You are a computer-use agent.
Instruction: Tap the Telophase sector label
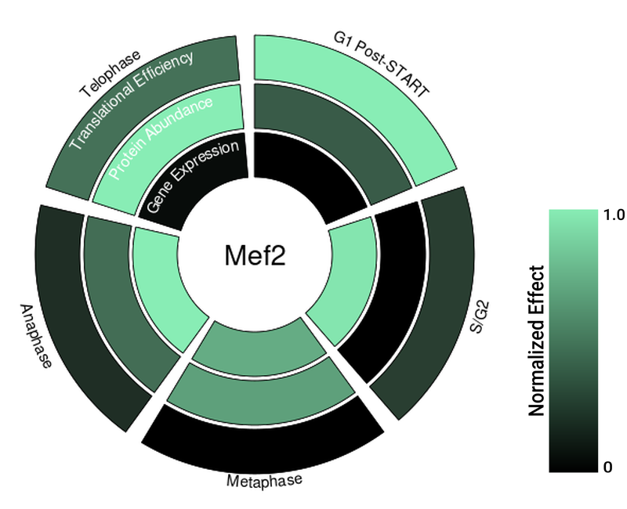coord(111,74)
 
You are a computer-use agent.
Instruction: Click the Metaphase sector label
coord(263,480)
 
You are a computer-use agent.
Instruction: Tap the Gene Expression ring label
coord(192,176)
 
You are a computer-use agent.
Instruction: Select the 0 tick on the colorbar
coord(608,467)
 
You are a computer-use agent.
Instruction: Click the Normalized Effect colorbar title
coord(537,341)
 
